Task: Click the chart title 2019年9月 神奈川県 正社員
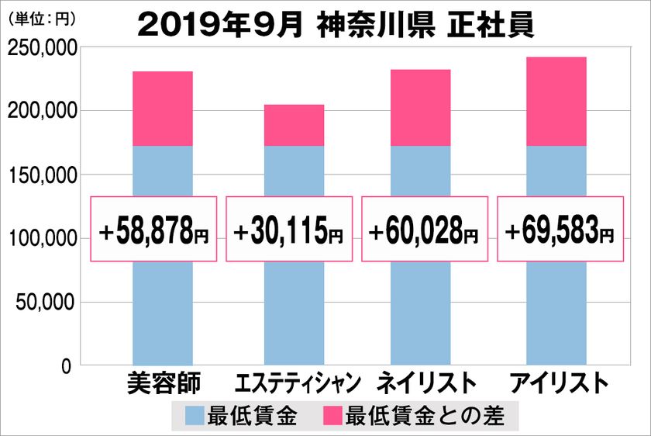[x=336, y=24]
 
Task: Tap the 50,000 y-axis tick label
[x=46, y=302]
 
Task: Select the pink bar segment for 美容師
[x=163, y=109]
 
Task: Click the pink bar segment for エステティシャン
[x=294, y=126]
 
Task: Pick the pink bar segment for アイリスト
[x=556, y=102]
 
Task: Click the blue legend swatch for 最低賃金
[x=195, y=416]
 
